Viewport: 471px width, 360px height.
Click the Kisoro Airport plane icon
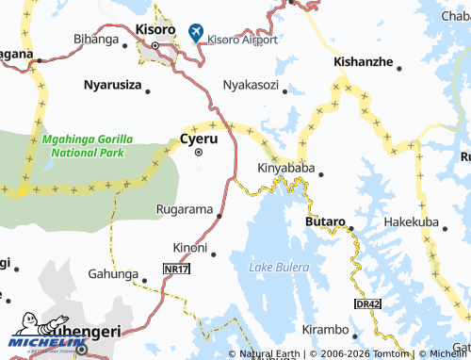coord(196,32)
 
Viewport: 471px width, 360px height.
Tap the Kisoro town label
coord(155,30)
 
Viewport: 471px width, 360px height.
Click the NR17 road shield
coord(175,270)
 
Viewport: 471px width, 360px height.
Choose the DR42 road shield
coord(367,303)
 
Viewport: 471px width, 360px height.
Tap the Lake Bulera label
coord(279,268)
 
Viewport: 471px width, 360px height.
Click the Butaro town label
coord(326,221)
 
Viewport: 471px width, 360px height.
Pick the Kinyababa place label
coord(285,169)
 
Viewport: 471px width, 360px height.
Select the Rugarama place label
coord(184,208)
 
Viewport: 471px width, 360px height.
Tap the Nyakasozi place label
coord(250,85)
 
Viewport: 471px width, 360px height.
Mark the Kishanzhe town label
coord(364,61)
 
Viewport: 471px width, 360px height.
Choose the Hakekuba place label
coord(411,222)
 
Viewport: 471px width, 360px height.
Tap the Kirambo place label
coord(324,332)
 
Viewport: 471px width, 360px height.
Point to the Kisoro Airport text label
coord(242,40)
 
